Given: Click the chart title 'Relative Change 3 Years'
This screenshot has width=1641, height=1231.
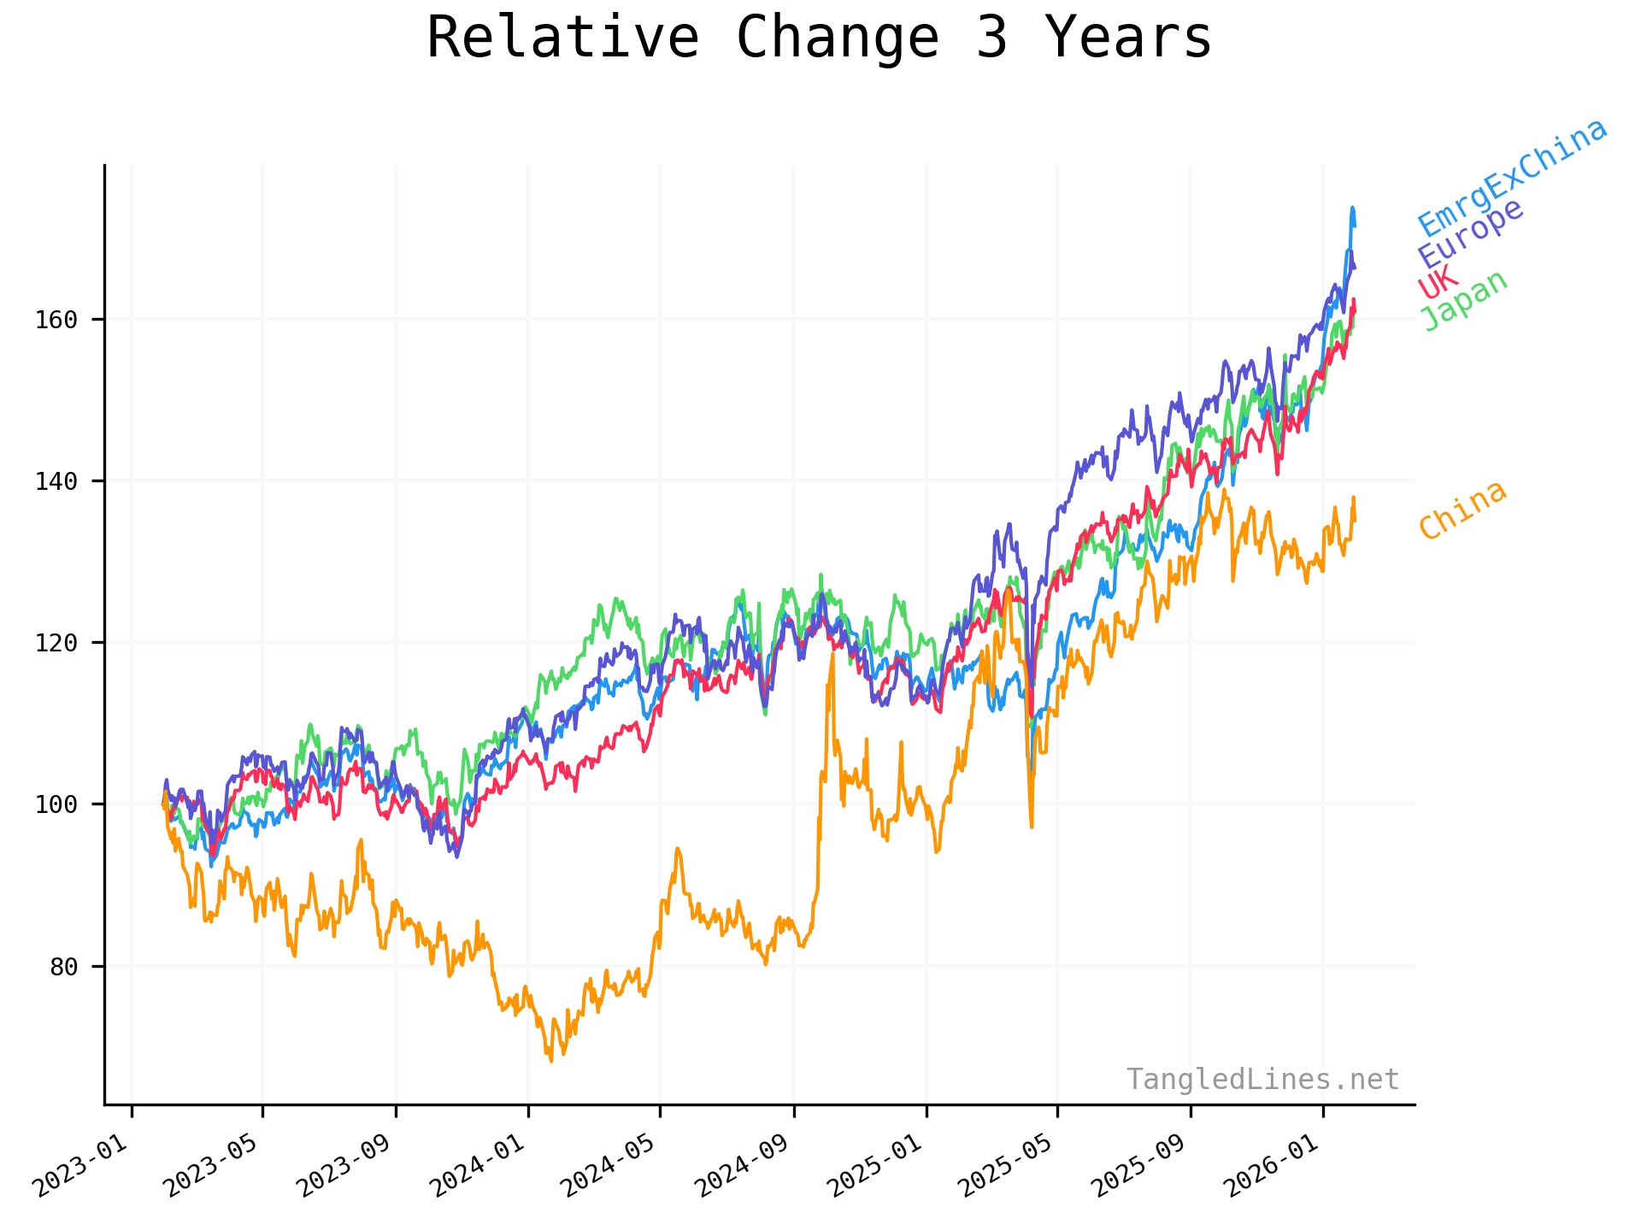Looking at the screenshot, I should pos(819,38).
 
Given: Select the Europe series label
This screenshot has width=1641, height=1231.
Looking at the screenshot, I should pos(1470,233).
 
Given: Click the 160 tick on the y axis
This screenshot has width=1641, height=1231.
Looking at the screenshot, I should pos(56,321).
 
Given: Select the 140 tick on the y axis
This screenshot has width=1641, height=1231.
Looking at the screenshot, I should pos(56,482).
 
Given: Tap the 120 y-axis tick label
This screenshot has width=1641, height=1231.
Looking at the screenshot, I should pos(56,644).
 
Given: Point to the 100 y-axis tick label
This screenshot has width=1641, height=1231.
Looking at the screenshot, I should pos(56,805).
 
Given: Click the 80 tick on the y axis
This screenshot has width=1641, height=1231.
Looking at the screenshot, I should pos(63,968).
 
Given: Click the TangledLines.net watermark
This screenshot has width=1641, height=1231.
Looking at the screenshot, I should pos(1262,1080).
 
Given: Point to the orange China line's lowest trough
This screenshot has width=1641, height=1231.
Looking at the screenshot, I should pos(551,1061).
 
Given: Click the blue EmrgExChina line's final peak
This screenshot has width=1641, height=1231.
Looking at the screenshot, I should pos(1352,208).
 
